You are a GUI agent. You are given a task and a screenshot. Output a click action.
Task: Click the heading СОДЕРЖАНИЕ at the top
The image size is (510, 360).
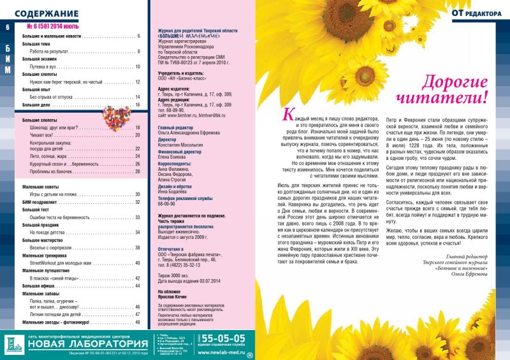(x=46, y=13)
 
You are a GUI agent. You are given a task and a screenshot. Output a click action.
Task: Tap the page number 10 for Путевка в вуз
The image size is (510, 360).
(x=137, y=67)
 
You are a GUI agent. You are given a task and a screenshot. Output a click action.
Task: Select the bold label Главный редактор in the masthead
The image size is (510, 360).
(x=175, y=127)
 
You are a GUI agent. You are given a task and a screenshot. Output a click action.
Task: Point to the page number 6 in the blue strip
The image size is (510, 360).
(x=8, y=27)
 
